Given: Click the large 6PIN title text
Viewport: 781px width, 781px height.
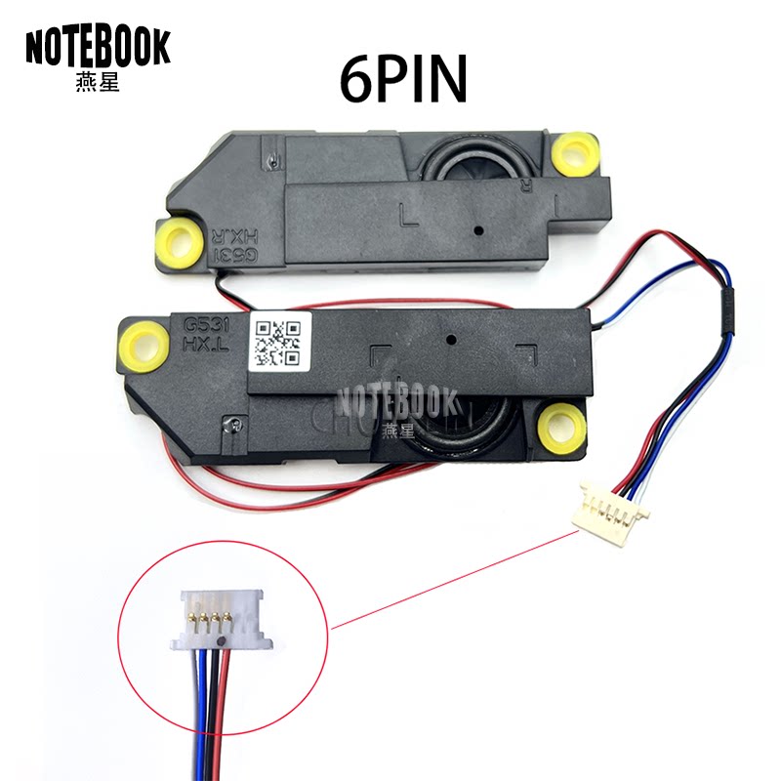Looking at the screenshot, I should tap(403, 79).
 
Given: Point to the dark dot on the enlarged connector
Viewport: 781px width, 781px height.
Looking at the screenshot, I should tap(225, 641).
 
